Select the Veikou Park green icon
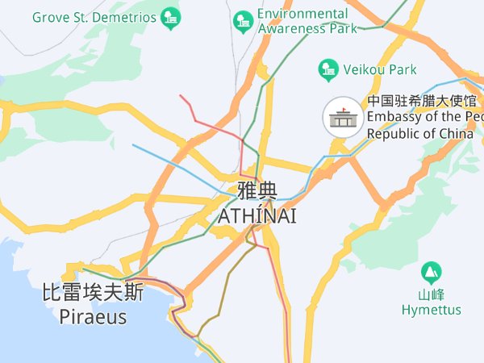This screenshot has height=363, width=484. click(328, 70)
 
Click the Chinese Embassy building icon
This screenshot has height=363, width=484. click(343, 118)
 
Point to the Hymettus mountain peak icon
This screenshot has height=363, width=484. click(431, 272)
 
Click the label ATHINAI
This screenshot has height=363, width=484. click(257, 215)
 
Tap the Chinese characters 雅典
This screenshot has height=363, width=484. click(257, 192)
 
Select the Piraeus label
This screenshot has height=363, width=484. click(93, 317)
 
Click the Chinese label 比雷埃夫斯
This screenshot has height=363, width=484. click(93, 292)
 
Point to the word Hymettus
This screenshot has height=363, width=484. click(432, 310)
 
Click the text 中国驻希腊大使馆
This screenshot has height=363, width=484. click(424, 102)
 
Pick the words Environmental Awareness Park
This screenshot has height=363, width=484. click(307, 21)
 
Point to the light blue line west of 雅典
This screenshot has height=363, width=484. click(173, 165)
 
